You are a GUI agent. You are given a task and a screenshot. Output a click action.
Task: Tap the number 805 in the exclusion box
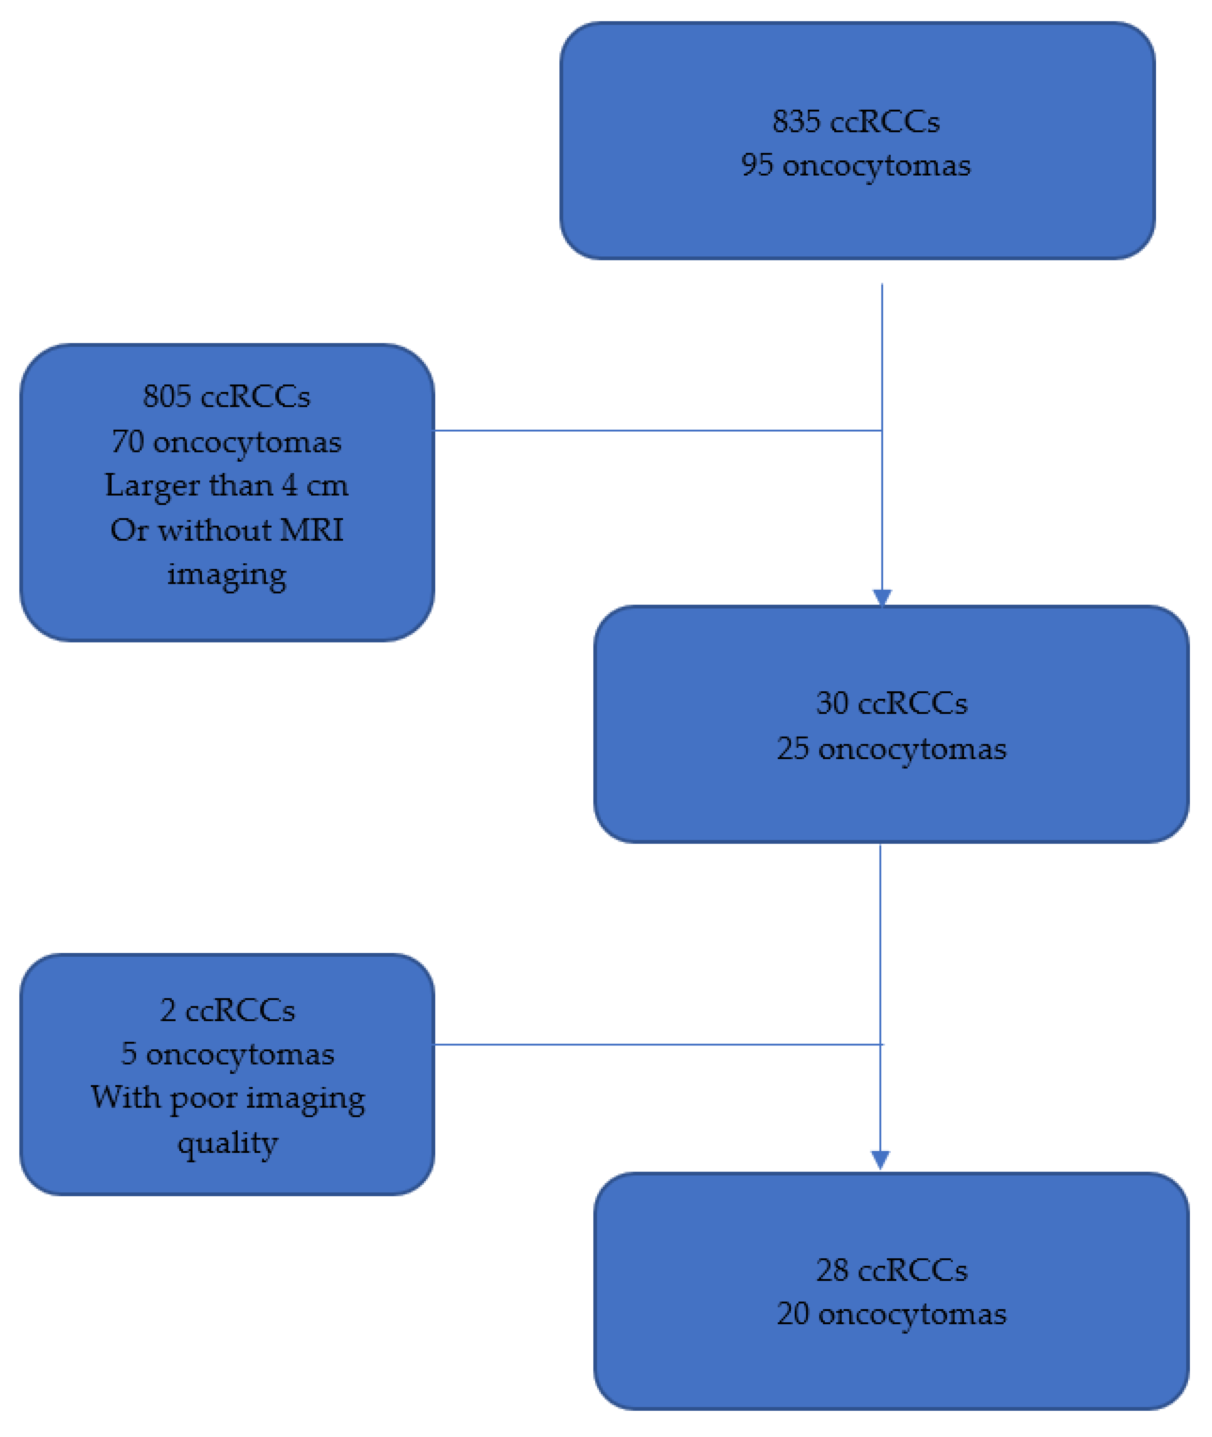[166, 396]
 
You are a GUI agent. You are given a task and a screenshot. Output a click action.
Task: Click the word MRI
[311, 530]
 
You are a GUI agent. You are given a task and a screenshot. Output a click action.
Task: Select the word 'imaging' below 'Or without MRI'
[226, 574]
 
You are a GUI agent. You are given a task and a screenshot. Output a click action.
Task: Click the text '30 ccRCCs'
[891, 703]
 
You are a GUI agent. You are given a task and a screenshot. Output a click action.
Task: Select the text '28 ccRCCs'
[891, 1270]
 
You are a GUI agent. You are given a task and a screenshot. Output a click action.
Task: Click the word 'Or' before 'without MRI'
[129, 530]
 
